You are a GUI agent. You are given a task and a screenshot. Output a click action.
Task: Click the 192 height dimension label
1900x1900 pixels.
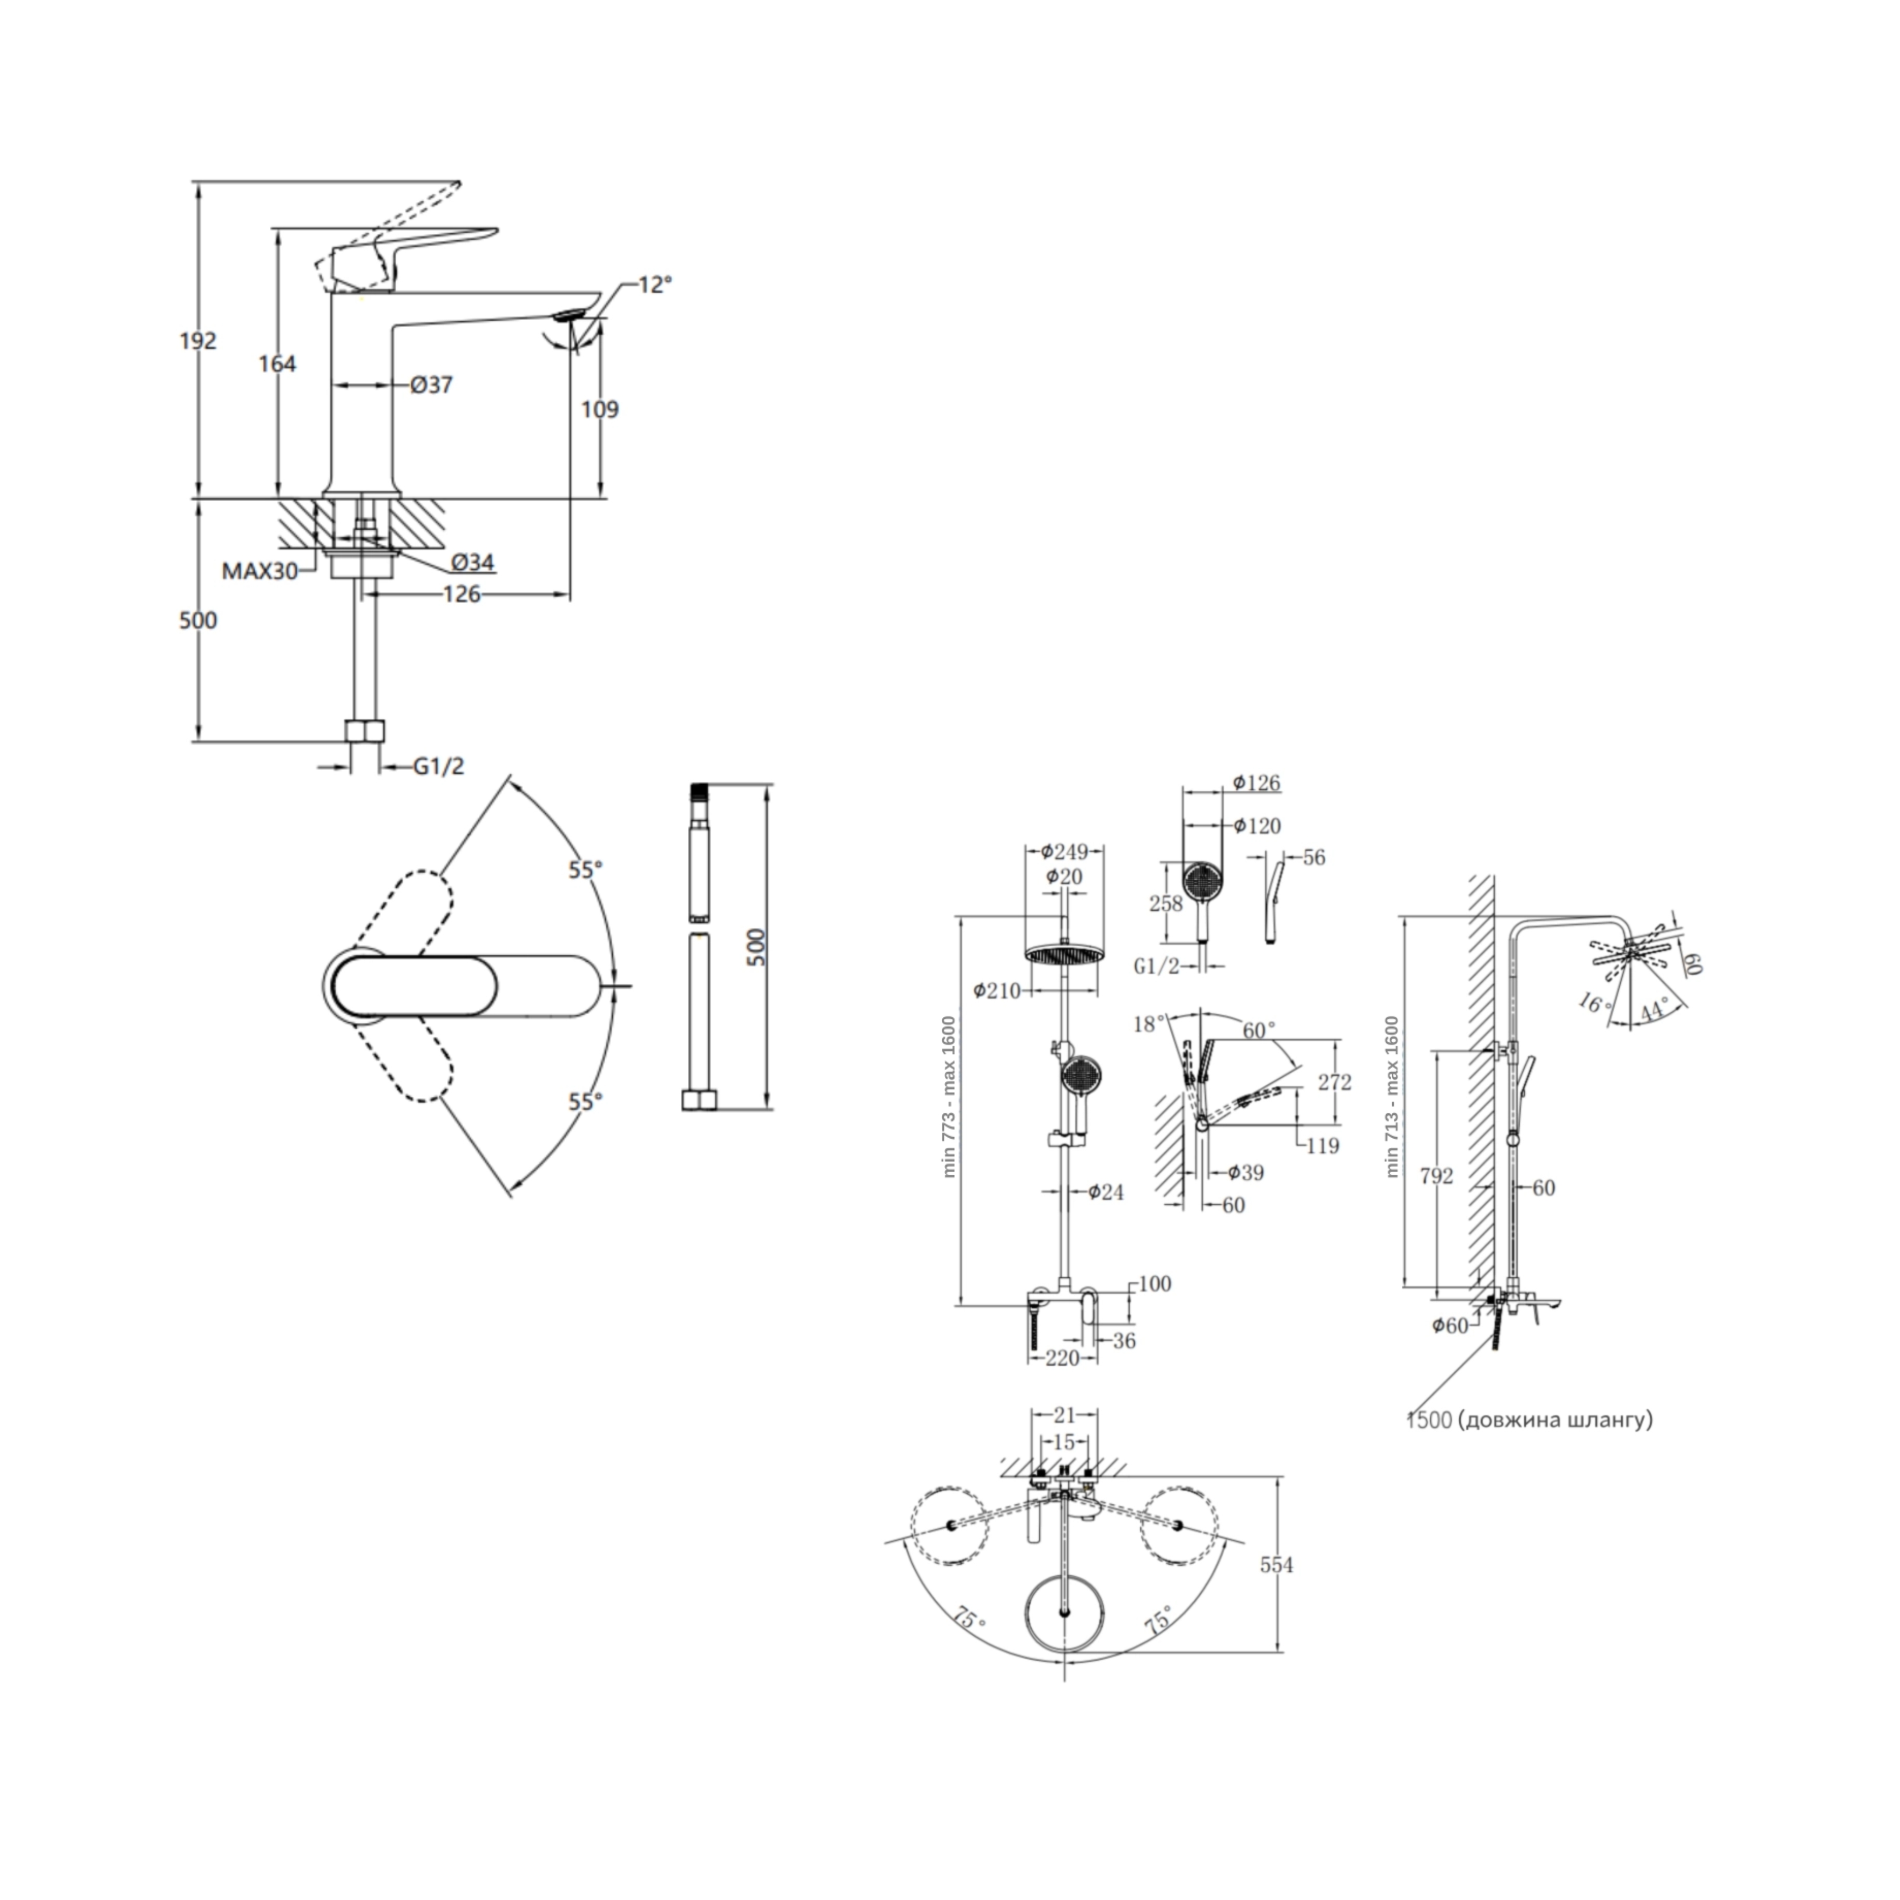[198, 341]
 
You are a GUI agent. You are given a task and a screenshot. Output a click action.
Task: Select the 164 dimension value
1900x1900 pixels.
[277, 364]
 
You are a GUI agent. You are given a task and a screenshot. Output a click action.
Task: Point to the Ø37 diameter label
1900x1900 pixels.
[431, 385]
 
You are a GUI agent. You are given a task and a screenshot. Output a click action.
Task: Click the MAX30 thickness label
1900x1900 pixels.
[260, 571]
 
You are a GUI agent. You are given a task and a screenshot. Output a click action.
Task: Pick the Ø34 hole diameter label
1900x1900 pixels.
[473, 562]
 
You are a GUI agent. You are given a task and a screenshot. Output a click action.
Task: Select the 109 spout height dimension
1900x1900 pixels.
[600, 409]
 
